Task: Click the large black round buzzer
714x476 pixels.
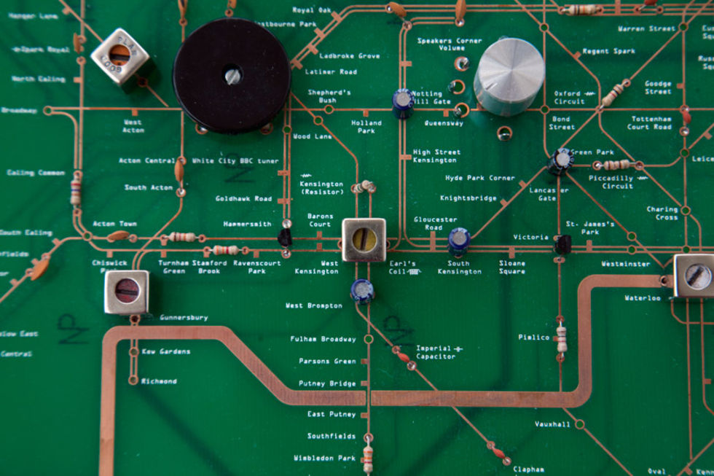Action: [x=232, y=75]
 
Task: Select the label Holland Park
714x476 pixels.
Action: [x=366, y=127]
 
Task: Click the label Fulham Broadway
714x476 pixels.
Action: [x=323, y=339]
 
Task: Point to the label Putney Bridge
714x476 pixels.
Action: [x=327, y=383]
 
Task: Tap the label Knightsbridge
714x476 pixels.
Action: [x=468, y=198]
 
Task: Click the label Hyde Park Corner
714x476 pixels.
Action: [x=479, y=178]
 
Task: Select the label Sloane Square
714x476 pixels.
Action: [x=511, y=268]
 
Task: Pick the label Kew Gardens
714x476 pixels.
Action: [x=165, y=351]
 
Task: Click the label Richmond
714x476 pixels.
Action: [x=159, y=381]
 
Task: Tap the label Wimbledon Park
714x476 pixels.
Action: [x=324, y=459]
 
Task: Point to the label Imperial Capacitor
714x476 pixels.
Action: [x=435, y=352]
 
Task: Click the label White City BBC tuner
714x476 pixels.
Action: [x=235, y=160]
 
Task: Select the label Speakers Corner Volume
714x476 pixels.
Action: [x=450, y=44]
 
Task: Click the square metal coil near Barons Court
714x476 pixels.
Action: [x=364, y=239]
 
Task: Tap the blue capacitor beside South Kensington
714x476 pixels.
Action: [x=459, y=241]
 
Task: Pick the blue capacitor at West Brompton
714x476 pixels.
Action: [x=362, y=290]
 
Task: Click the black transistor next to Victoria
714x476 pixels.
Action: [x=562, y=244]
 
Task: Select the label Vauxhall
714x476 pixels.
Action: [x=552, y=424]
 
